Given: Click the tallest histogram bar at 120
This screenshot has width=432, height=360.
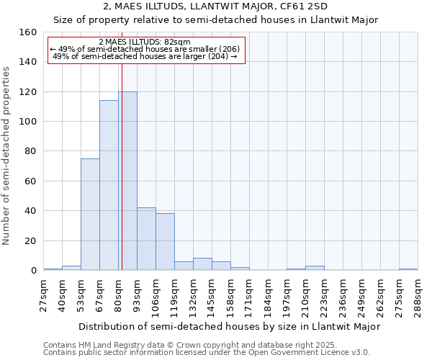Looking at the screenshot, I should pos(127,181).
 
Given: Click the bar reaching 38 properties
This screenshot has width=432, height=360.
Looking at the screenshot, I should pos(165,242).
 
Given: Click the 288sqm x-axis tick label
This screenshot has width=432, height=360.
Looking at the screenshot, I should pos(418,297).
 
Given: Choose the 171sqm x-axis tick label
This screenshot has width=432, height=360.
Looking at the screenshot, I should pos(250,297).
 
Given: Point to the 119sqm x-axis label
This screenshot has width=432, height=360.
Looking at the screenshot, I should pos(175,297).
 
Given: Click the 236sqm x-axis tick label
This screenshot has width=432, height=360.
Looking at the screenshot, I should pos(343,297).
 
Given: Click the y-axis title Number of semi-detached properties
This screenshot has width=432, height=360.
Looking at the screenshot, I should pos(7,151).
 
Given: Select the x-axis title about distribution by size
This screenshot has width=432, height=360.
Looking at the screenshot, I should pos(229,326).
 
